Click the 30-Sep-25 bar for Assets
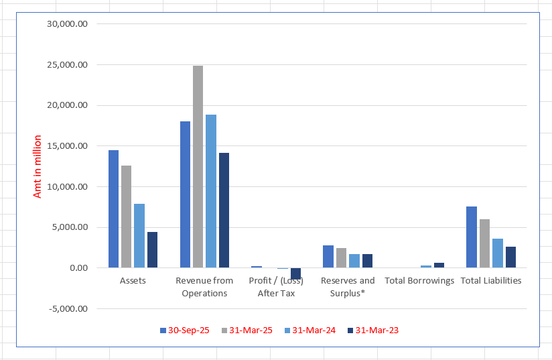[x=113, y=209]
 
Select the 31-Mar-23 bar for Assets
[x=152, y=250]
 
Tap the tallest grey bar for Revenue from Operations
[x=198, y=167]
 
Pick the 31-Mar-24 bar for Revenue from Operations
[x=210, y=191]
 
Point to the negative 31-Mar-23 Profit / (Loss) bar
[x=295, y=274]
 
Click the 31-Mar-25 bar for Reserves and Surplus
[x=341, y=258]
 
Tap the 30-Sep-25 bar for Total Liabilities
[x=472, y=237]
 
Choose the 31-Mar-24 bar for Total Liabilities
[x=497, y=253]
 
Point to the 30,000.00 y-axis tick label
[x=67, y=24]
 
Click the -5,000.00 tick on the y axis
[x=67, y=309]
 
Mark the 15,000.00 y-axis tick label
[x=67, y=146]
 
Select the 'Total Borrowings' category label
[x=419, y=281]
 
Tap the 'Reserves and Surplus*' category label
[x=348, y=287]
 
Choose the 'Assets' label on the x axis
[x=133, y=281]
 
